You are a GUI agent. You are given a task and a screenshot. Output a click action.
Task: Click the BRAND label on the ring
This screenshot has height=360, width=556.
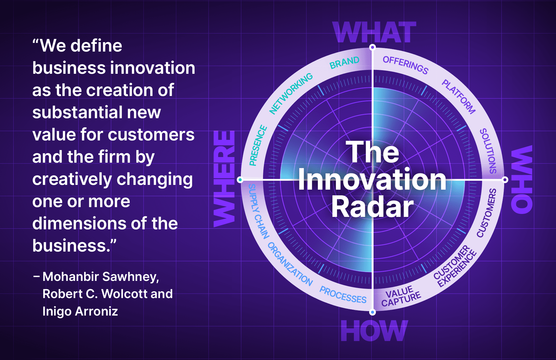345,62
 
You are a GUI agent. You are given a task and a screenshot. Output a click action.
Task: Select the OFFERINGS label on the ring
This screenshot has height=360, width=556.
406,65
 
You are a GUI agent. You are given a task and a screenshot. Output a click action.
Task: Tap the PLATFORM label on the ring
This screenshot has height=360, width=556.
459,97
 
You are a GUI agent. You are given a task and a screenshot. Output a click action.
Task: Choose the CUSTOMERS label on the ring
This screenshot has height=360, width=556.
487,213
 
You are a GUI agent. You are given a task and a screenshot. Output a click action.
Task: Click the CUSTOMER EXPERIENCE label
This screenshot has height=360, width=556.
455,266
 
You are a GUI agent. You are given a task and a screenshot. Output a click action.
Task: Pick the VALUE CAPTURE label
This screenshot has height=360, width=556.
401,297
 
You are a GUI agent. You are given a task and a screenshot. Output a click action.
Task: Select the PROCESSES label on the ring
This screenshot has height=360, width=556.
343,295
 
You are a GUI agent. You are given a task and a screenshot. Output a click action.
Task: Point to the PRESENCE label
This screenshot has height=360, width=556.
258,145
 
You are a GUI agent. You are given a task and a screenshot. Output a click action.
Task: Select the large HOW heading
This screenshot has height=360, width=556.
374,331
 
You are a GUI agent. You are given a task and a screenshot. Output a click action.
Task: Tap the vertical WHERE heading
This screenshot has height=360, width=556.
224,179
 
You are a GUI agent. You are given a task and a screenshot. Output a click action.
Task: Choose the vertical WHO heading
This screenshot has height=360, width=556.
522,179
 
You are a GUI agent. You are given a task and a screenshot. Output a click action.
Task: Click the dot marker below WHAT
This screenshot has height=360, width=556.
373,47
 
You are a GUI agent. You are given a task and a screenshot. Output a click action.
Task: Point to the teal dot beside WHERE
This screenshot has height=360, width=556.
240,180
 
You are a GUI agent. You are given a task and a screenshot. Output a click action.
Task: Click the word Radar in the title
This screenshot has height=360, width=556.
372,207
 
